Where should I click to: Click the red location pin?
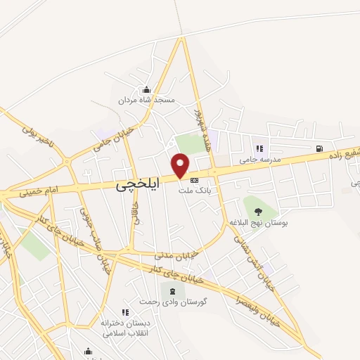[x=181, y=166]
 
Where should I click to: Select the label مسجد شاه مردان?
[x=147, y=101]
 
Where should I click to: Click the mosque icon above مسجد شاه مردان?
[x=146, y=90]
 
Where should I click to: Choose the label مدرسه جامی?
[x=259, y=160]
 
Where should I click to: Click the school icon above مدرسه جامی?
[x=259, y=148]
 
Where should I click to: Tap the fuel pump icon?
[x=320, y=148]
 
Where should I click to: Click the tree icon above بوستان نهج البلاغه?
[x=258, y=210]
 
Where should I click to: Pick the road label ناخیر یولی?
[x=37, y=137]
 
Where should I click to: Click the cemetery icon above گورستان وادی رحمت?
[x=171, y=291]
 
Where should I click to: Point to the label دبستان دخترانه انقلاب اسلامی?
[x=126, y=326]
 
